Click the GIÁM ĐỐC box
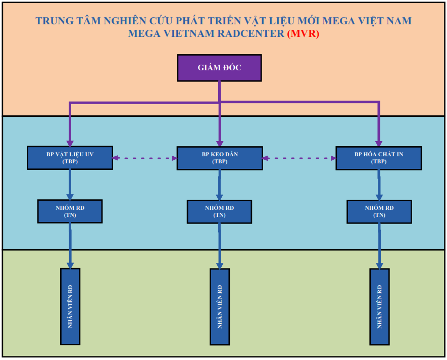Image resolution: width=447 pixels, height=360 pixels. tap(219, 68)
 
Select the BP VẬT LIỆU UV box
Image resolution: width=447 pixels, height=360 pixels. tap(70, 158)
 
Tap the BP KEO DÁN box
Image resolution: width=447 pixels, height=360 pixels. tap(219, 158)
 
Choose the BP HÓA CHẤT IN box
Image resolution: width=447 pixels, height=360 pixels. tap(378, 158)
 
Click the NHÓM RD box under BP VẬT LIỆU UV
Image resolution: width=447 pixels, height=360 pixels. tap(70, 211)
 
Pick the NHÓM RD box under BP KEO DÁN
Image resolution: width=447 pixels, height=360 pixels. tap(219, 211)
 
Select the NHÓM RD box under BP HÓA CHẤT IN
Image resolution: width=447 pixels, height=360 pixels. tap(378, 211)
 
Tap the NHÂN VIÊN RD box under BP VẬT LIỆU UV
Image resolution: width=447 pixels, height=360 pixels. tap(70, 306)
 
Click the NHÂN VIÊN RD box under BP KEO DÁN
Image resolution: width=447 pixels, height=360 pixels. tap(220, 306)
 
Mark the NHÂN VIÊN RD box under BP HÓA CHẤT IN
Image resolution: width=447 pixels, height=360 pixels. tap(379, 306)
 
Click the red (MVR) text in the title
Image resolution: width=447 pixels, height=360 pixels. tap(303, 34)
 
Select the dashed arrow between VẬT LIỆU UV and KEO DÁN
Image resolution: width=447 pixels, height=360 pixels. tap(144, 158)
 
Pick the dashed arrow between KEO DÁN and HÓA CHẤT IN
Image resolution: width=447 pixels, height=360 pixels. tap(299, 158)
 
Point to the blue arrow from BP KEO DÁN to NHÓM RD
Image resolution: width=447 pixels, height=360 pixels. tap(219, 185)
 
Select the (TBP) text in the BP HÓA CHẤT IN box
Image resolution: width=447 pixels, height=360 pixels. tap(378, 162)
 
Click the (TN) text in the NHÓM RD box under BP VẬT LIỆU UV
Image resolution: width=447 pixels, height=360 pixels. tap(70, 215)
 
